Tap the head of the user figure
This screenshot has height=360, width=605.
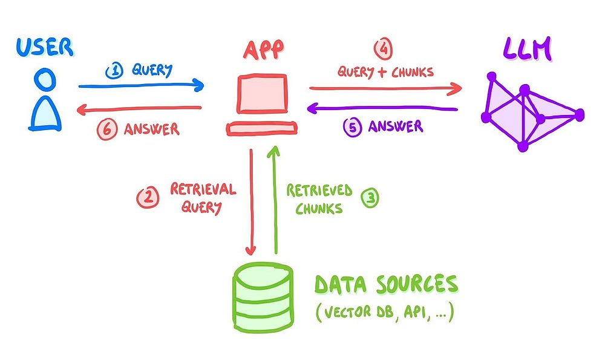coord(45,79)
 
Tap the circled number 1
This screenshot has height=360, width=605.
coord(114,71)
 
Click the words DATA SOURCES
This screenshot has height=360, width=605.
coord(385,284)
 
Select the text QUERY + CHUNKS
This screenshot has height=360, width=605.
coord(385,71)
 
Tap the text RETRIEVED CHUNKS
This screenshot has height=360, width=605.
coord(319,199)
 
